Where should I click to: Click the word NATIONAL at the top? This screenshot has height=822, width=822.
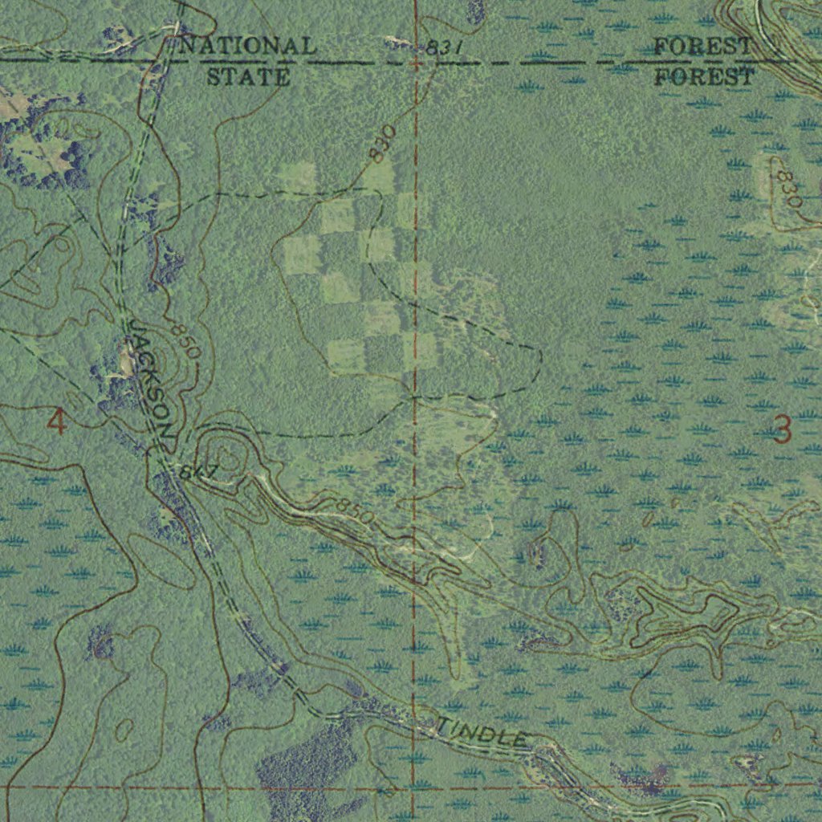click(x=247, y=46)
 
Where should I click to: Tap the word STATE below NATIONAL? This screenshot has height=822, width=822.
click(x=248, y=77)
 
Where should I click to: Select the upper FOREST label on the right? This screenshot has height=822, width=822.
click(x=702, y=47)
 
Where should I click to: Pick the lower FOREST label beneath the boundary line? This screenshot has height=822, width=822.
click(x=704, y=77)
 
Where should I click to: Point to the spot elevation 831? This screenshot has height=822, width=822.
click(x=444, y=49)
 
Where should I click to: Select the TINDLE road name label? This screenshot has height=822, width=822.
click(x=482, y=732)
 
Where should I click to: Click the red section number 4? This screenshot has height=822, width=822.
click(x=56, y=421)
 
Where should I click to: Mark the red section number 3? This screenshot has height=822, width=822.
click(x=781, y=430)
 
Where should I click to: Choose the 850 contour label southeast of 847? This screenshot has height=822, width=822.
click(x=353, y=511)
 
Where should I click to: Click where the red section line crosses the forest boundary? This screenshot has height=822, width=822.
click(x=415, y=62)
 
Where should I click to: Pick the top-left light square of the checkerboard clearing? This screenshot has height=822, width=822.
click(x=298, y=177)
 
